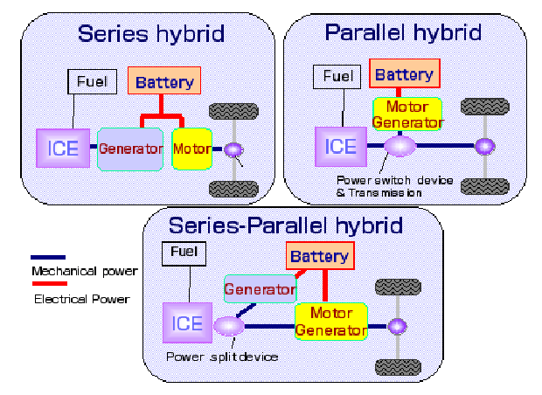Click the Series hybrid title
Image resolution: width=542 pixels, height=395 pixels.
(150, 34)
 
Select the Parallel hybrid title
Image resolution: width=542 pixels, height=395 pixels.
(403, 33)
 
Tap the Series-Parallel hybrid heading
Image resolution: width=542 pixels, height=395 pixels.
(286, 225)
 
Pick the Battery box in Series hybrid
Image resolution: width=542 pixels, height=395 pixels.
(165, 83)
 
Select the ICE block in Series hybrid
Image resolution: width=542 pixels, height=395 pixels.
(63, 148)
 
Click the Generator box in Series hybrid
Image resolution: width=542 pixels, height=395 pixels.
(130, 149)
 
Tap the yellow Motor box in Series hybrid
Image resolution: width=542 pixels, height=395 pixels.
(191, 149)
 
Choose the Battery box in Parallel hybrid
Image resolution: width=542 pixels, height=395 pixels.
(404, 75)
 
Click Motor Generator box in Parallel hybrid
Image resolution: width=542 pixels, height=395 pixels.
(406, 114)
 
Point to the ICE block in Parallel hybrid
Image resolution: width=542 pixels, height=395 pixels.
(340, 146)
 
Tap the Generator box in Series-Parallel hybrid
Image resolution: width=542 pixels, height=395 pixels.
(259, 289)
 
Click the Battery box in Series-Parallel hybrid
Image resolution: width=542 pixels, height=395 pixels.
(319, 257)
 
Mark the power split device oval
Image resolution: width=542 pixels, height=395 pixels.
(228, 327)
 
